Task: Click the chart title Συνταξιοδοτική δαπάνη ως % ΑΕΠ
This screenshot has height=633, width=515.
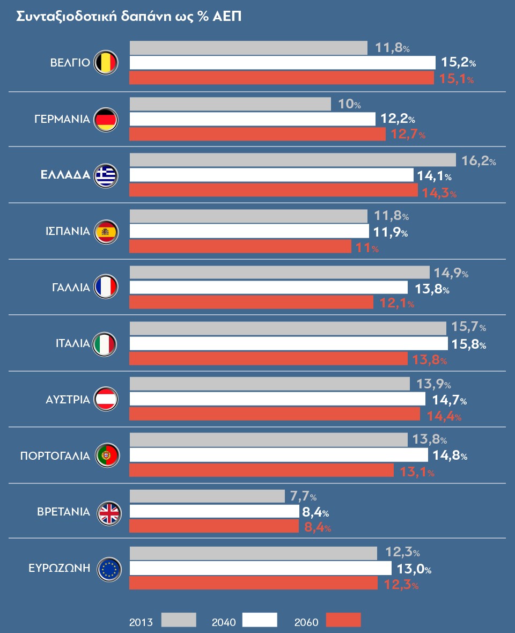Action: (129, 17)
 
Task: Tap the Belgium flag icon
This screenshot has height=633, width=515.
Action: (105, 63)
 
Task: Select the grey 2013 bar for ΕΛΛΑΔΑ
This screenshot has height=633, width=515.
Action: (292, 160)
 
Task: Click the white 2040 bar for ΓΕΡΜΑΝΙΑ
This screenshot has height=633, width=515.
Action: (252, 119)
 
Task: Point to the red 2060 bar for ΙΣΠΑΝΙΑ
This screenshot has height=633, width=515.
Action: (240, 247)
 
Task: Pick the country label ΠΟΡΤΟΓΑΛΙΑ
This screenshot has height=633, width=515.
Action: (55, 457)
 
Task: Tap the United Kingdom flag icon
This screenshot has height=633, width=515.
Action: (109, 513)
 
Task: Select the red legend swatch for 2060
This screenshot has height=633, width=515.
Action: (344, 620)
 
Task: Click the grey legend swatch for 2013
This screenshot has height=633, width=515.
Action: (179, 620)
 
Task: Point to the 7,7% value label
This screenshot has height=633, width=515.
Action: (303, 497)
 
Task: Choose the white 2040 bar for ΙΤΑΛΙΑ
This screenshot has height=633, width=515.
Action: (289, 343)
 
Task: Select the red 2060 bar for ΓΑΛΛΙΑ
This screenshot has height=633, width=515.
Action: (251, 303)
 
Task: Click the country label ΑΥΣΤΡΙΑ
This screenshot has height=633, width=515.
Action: (68, 400)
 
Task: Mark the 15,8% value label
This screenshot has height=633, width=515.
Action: (470, 344)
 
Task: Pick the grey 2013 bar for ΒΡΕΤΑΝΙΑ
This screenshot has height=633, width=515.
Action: (207, 496)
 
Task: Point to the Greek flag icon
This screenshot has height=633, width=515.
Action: (106, 175)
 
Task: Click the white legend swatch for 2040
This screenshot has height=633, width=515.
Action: (260, 620)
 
